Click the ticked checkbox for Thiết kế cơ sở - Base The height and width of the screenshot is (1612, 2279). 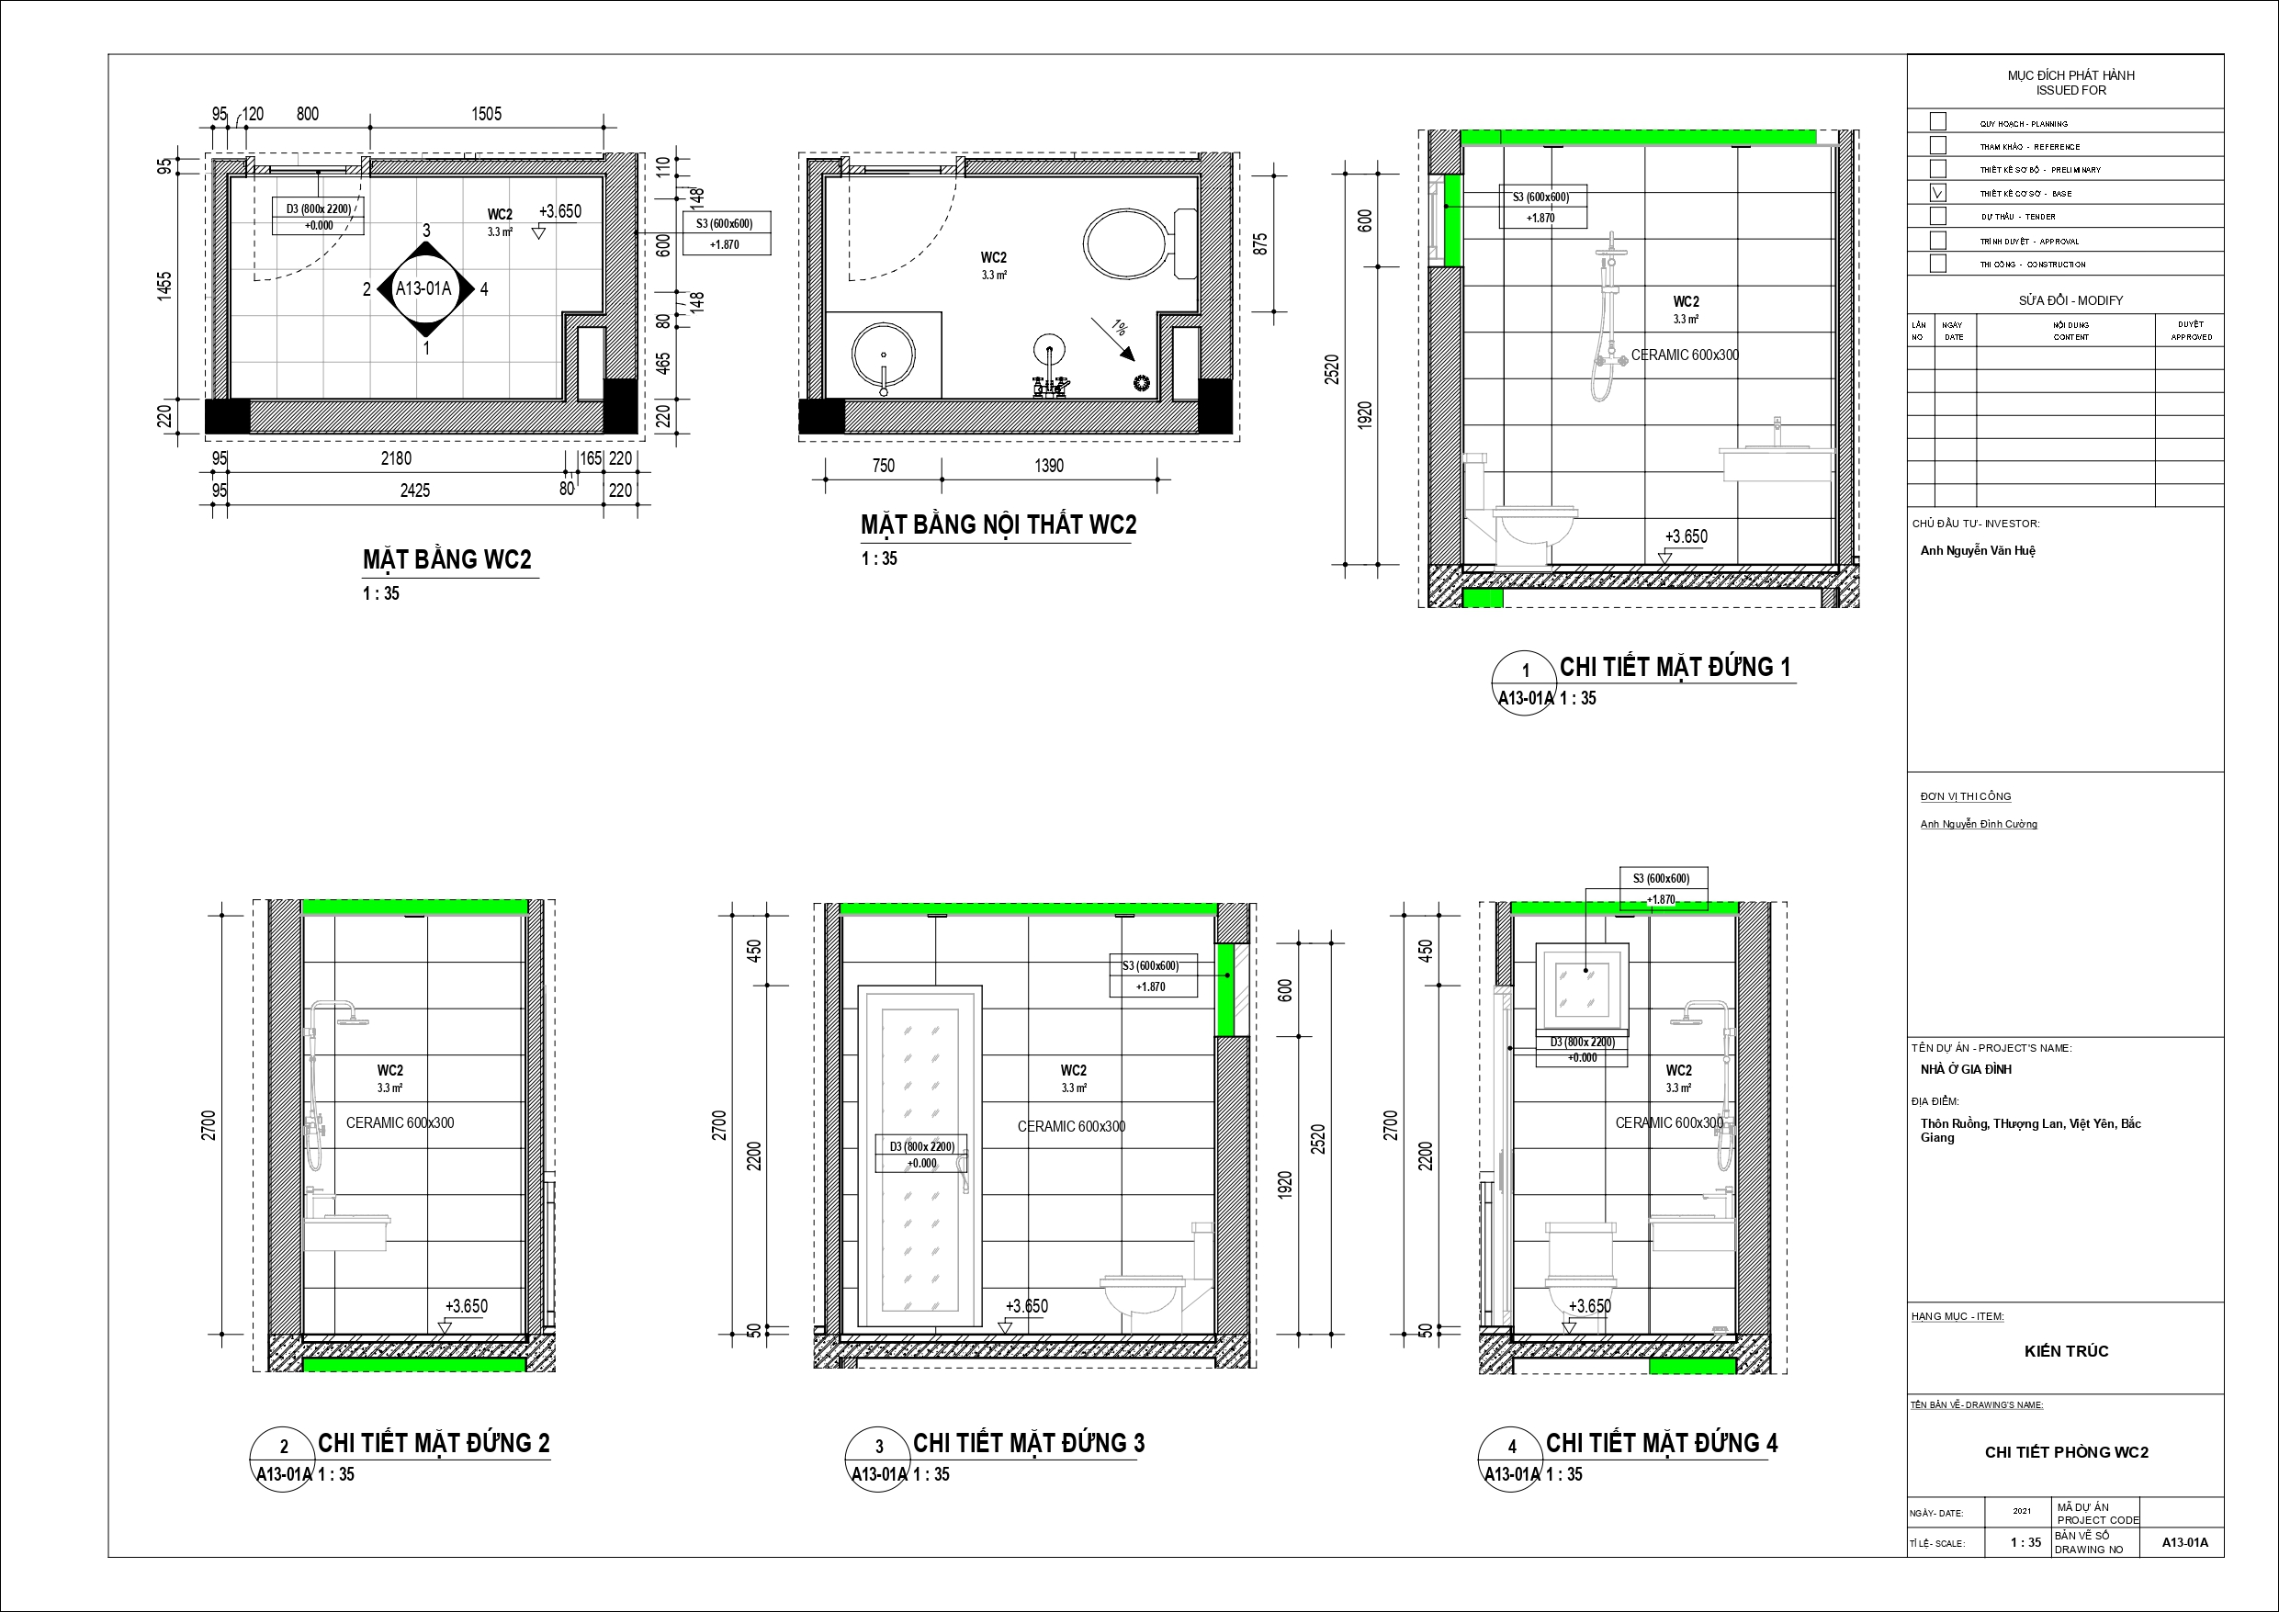pyautogui.click(x=1936, y=193)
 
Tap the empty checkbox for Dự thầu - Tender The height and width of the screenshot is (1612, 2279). pyautogui.click(x=1936, y=216)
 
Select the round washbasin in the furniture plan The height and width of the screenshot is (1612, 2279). pyautogui.click(x=883, y=355)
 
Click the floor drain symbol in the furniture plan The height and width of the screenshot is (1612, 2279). pyautogui.click(x=1142, y=382)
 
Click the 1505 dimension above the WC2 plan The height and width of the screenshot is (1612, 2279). pyautogui.click(x=486, y=114)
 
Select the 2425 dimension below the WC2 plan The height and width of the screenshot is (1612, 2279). pyautogui.click(x=415, y=490)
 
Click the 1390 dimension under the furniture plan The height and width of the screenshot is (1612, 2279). pyautogui.click(x=1049, y=466)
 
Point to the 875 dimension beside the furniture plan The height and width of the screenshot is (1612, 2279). pyautogui.click(x=1260, y=243)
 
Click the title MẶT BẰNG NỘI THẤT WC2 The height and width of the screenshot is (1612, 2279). pyautogui.click(x=998, y=524)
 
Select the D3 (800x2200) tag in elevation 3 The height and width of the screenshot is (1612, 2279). pyautogui.click(x=922, y=1155)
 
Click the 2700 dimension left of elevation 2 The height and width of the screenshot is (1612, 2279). pyautogui.click(x=209, y=1124)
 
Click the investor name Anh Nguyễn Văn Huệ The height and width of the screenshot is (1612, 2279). pyautogui.click(x=1978, y=551)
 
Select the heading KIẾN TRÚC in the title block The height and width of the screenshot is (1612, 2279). pyautogui.click(x=2067, y=1351)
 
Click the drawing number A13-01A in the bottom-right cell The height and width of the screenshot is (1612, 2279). pyautogui.click(x=2185, y=1542)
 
